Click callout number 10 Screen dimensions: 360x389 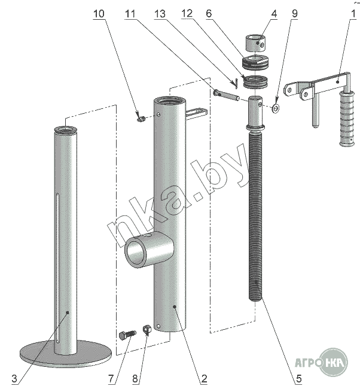pos(99,13)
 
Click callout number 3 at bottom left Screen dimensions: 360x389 pos(14,378)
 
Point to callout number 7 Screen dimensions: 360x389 pos(111,378)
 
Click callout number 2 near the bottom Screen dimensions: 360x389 pos(204,378)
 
